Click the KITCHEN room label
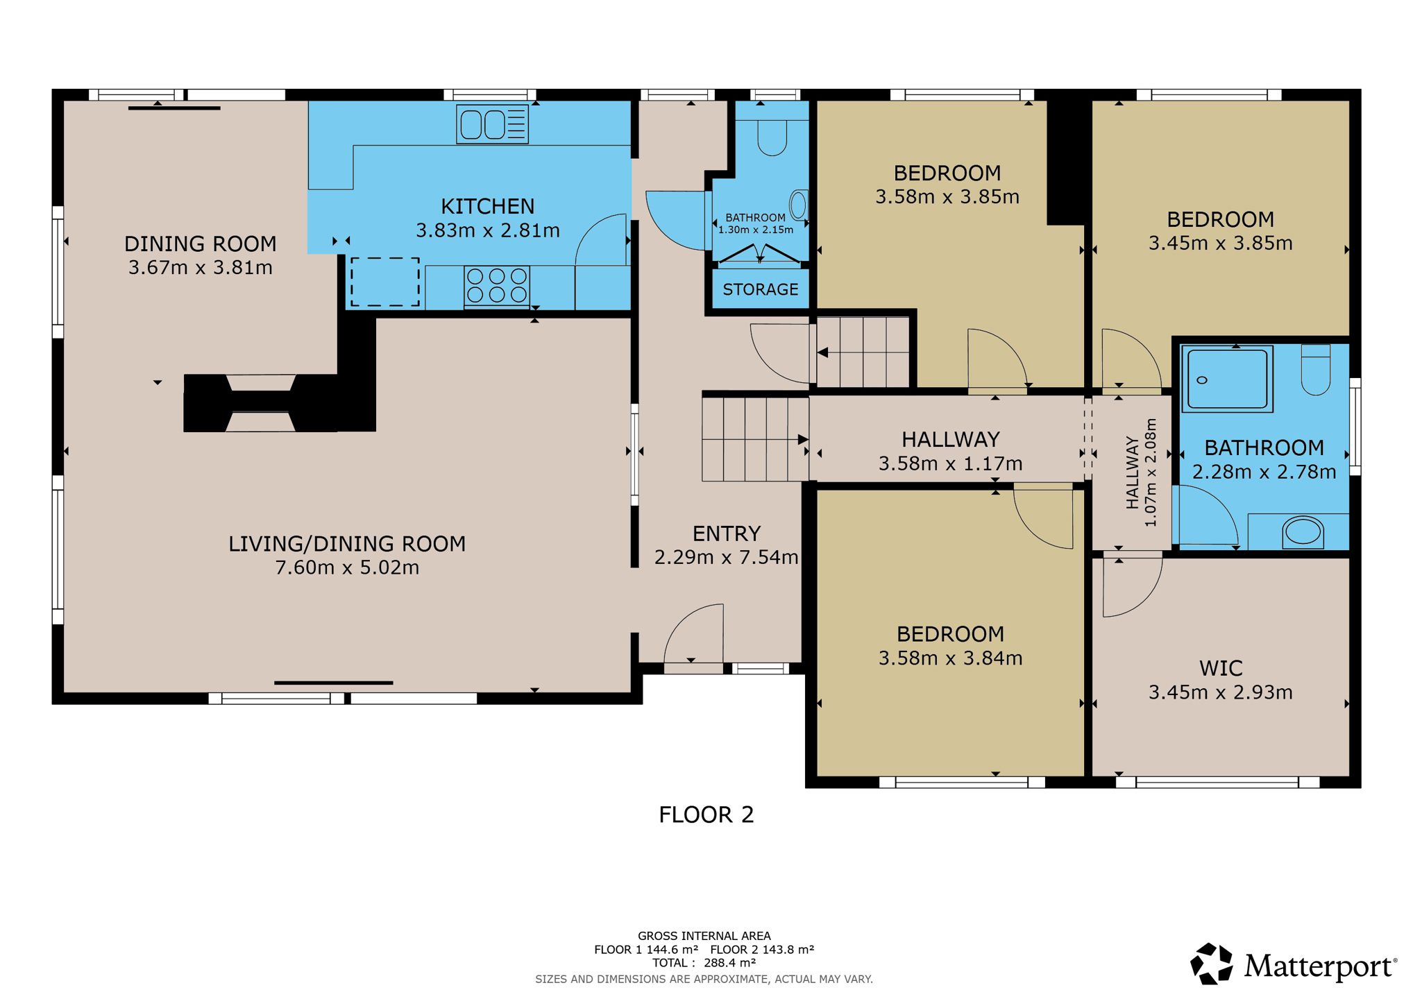pos(488,207)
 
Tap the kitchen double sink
pos(492,125)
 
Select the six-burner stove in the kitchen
pos(496,286)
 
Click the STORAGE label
pos(761,289)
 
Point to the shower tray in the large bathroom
pos(1227,379)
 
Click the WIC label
pos(1221,669)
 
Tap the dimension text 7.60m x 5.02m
pos(347,567)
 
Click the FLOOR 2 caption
pos(706,814)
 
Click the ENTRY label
pos(727,533)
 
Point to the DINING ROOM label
pos(201,244)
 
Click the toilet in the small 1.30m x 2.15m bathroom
pos(772,137)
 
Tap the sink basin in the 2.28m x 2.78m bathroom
pos(1303,532)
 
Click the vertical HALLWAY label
pos(1133,472)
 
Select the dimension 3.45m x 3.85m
pos(1221,244)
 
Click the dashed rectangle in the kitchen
pos(385,282)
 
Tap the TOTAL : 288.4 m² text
pos(704,963)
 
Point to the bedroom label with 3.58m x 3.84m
pos(950,634)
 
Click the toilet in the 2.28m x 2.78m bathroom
pos(1315,370)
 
